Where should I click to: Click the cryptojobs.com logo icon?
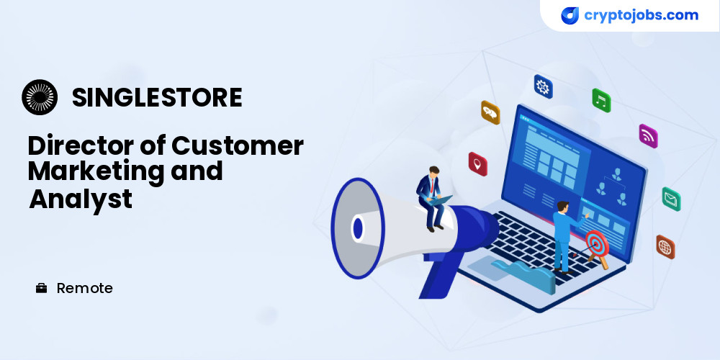pos(570,16)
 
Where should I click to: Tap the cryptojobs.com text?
pos(641,15)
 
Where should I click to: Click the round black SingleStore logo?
pos(40,97)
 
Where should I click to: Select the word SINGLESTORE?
pos(157,97)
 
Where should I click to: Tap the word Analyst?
pos(81,199)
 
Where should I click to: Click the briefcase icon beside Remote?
pos(41,289)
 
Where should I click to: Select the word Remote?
pos(84,289)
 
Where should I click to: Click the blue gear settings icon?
pos(543,86)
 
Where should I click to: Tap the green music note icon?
pos(601,100)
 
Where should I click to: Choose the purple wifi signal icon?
pos(649,136)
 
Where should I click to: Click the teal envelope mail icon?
pos(671,199)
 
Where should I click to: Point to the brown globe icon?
pos(665,246)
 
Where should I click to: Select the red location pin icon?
pos(477,164)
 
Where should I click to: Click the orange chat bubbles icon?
pos(490,112)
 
